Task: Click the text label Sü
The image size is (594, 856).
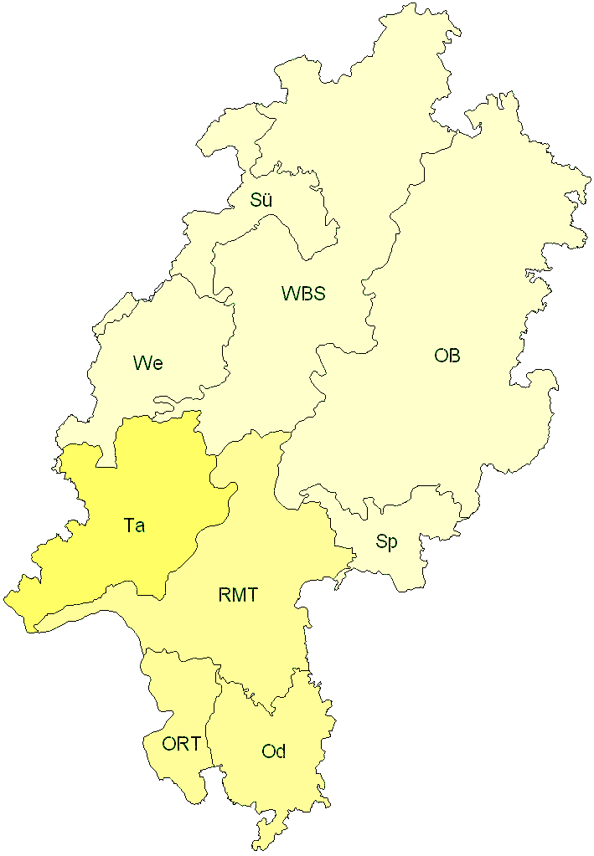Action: coord(261,200)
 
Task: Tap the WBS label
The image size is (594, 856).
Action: coord(303,294)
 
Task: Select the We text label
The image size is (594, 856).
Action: coord(147,363)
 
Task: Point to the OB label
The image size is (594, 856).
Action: coord(447,356)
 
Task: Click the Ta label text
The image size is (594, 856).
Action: coord(134,525)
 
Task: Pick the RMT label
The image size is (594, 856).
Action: coord(238,596)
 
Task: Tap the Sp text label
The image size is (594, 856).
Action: coord(386,542)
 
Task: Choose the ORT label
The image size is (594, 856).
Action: coord(181,743)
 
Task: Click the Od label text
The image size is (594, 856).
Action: coord(274,751)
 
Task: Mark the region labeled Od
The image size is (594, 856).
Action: coord(276,787)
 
